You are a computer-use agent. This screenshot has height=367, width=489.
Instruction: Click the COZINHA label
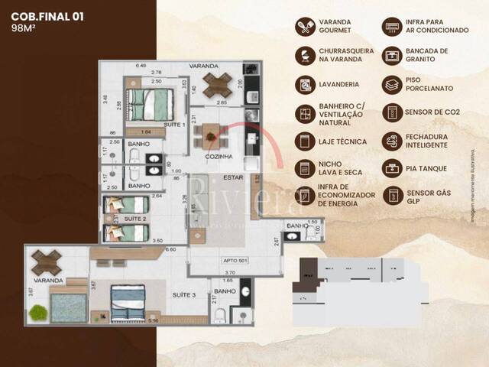(219, 157)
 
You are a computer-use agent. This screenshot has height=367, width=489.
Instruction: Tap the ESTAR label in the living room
(232, 179)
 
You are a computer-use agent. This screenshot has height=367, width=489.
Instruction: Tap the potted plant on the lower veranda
(39, 312)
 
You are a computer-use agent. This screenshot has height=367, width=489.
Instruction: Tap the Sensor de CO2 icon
(393, 112)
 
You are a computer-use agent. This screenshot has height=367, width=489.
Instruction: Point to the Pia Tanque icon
(393, 167)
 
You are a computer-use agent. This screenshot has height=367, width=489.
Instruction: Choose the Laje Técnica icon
(305, 141)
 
